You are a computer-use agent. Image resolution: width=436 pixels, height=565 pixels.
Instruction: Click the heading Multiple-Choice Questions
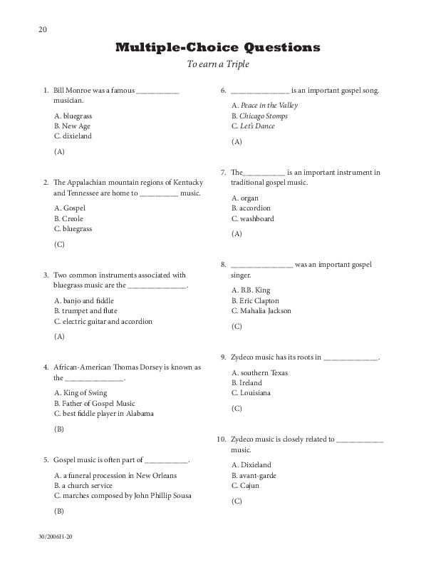click(217, 48)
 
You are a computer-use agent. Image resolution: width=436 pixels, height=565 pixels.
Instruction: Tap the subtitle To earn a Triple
click(217, 65)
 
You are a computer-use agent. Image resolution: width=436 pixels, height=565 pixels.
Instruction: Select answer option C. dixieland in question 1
click(73, 136)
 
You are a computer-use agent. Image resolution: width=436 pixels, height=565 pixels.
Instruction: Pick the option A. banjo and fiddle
click(83, 300)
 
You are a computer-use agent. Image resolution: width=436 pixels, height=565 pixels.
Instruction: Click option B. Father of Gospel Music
click(94, 403)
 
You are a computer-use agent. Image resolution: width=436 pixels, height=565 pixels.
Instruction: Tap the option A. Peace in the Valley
click(264, 105)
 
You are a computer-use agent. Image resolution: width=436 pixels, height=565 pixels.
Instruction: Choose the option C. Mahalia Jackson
click(261, 310)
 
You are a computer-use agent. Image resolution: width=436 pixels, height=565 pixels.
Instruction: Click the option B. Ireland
click(246, 382)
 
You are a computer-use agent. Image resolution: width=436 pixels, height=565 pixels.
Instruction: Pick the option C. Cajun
click(245, 486)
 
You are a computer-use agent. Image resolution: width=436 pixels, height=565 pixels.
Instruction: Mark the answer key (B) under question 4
click(59, 429)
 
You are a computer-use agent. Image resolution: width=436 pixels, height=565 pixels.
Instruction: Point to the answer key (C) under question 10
click(237, 502)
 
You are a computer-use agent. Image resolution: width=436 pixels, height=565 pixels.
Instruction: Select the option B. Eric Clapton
click(255, 300)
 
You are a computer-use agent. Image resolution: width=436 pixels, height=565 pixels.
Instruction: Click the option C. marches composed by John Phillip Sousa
click(123, 495)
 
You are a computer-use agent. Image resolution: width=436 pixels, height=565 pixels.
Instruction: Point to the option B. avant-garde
click(254, 475)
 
